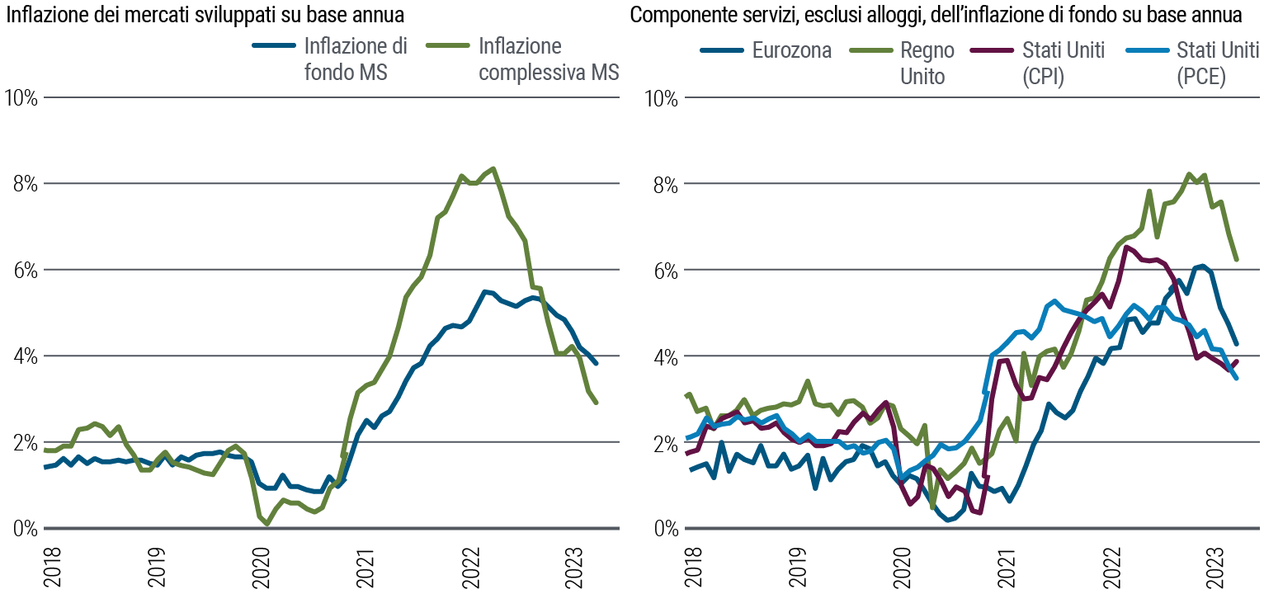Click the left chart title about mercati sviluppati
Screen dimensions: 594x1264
(206, 14)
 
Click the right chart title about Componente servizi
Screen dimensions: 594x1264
(936, 14)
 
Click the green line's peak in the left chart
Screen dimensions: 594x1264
(493, 168)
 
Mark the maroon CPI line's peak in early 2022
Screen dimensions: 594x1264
(1125, 247)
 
